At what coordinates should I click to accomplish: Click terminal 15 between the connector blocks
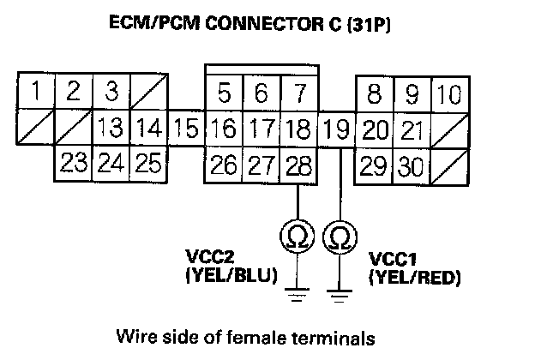(x=184, y=130)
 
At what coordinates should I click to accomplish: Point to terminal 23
(x=73, y=163)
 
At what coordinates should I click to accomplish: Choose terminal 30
(x=412, y=163)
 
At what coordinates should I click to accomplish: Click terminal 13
(x=111, y=130)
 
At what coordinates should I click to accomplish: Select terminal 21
(x=412, y=130)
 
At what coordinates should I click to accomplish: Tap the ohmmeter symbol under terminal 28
(x=298, y=235)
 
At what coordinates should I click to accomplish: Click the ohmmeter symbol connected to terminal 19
(x=340, y=235)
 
